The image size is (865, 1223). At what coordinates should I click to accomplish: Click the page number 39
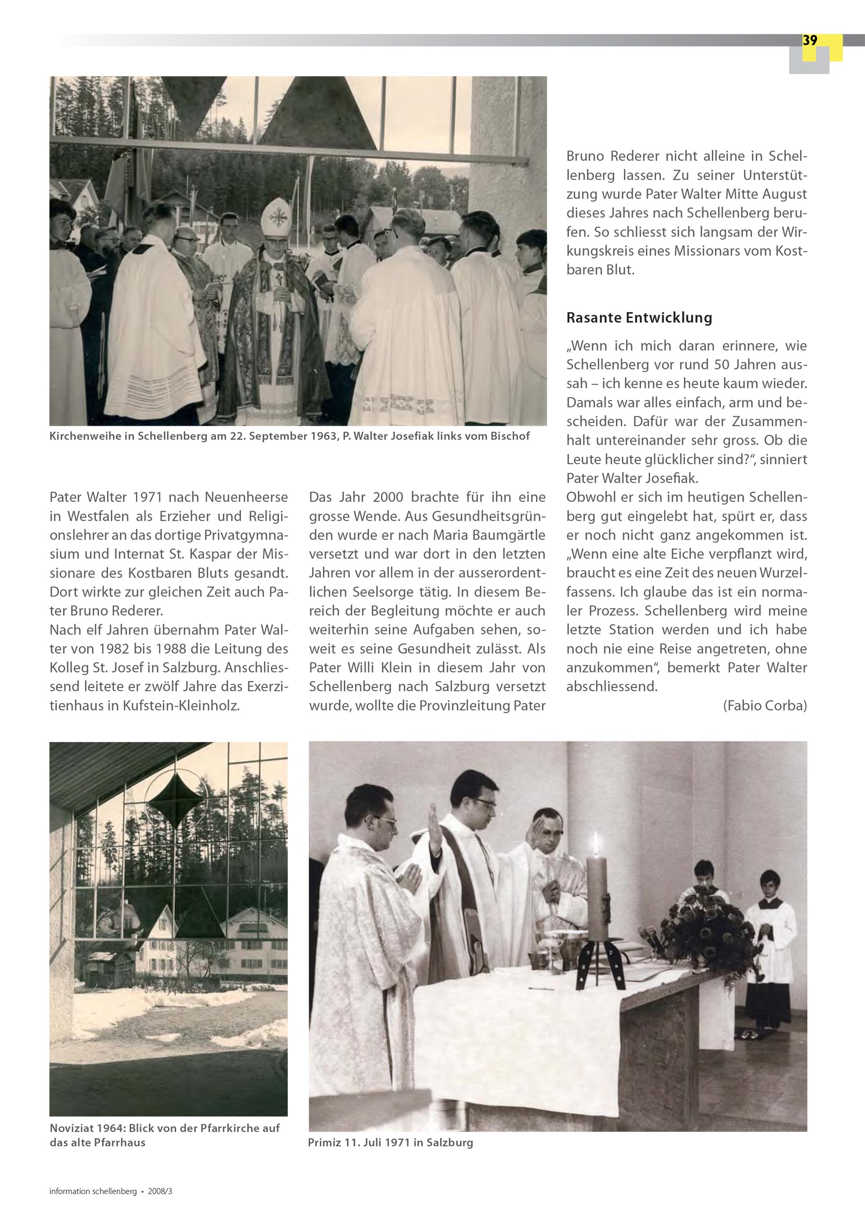(810, 41)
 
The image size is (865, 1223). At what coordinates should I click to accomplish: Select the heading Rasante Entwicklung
(639, 318)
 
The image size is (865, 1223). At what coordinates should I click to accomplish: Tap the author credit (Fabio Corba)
(765, 706)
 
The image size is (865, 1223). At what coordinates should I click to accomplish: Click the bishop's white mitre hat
(277, 216)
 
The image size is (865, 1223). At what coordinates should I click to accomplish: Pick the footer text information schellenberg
(93, 1191)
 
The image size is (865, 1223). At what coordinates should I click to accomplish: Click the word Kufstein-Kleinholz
(181, 706)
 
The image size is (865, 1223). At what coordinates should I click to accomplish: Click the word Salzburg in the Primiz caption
(450, 1142)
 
